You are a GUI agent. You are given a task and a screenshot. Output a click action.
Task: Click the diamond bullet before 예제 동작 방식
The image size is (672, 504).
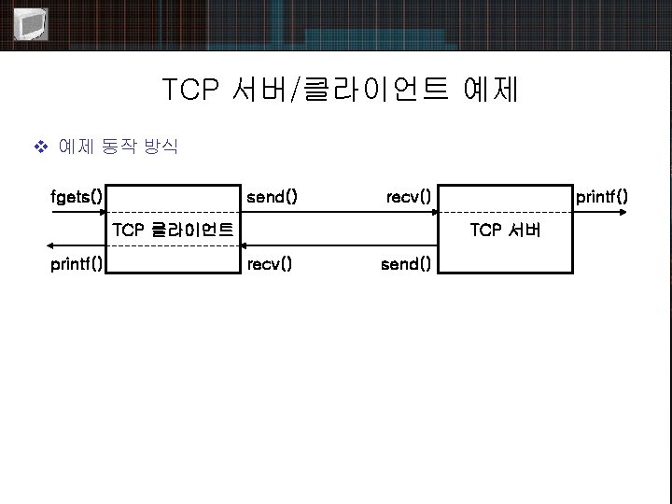(39, 147)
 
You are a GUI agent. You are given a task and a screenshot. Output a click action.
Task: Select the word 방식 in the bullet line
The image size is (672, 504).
(159, 147)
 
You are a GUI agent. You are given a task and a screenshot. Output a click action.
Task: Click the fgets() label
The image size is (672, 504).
(77, 196)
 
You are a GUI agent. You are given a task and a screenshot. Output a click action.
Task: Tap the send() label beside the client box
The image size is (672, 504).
(271, 196)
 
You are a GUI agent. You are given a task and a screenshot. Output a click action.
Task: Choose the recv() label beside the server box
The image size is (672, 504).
(408, 196)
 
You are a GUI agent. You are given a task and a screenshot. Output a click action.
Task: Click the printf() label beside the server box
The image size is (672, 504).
(602, 196)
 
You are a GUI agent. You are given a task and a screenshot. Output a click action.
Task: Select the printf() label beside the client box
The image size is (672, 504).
(77, 264)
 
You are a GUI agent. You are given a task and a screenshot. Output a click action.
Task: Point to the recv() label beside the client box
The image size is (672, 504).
(269, 264)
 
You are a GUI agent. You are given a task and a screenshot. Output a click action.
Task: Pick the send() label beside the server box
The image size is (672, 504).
(406, 264)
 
